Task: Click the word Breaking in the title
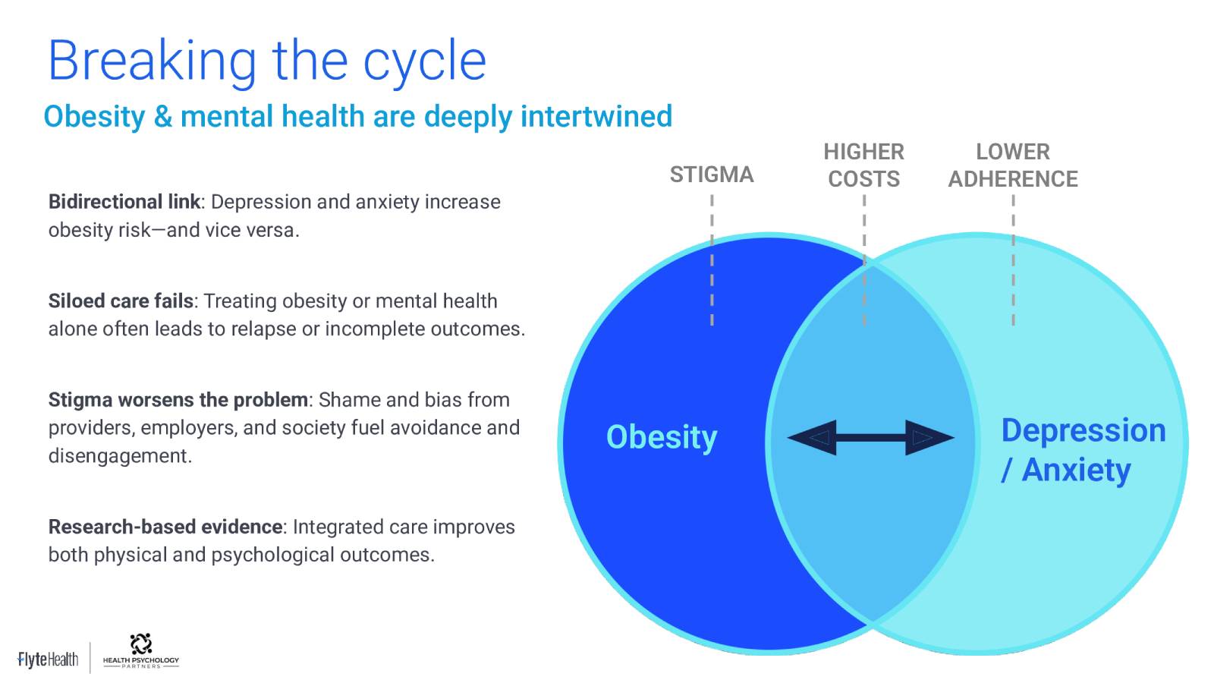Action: point(153,61)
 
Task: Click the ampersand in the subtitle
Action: point(162,117)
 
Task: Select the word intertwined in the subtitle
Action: point(596,116)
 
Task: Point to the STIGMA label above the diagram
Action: point(712,175)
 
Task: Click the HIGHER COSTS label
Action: point(864,165)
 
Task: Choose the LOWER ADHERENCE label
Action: point(1013,165)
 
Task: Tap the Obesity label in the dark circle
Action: point(662,437)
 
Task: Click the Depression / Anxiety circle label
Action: point(1083,450)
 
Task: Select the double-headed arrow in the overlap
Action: point(870,437)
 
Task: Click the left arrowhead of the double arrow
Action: point(812,437)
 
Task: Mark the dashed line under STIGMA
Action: point(712,261)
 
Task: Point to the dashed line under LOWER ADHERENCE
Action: point(1014,261)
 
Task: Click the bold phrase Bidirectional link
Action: point(124,202)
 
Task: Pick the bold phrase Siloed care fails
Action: point(121,301)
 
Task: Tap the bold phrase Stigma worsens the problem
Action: point(178,400)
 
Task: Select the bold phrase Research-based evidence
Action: point(165,527)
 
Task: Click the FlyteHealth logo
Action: point(48,659)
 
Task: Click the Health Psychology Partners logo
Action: point(141,651)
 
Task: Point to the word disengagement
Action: point(119,456)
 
